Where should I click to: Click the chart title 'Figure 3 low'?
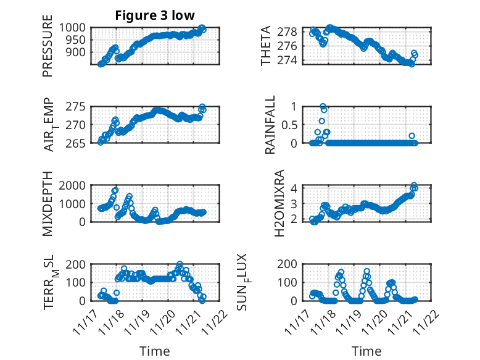coord(155,16)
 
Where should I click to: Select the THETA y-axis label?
coord(267,46)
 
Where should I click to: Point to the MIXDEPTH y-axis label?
coord(48,204)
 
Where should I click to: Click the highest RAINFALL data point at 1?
coord(323,107)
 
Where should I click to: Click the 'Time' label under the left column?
coord(155,351)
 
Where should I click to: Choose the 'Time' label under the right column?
coord(366,351)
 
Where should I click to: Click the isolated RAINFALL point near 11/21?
coord(412,136)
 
